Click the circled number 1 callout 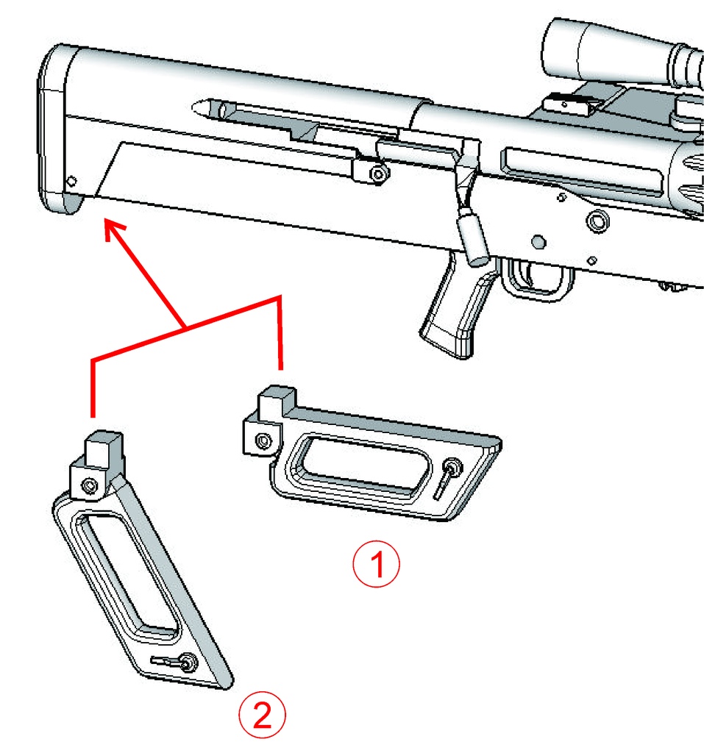pos(376,564)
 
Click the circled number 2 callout pos(262,715)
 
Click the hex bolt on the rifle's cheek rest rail pos(379,174)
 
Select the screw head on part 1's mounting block pos(263,440)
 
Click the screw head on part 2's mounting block pos(90,485)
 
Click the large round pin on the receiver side pos(597,221)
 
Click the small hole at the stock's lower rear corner pos(71,181)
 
